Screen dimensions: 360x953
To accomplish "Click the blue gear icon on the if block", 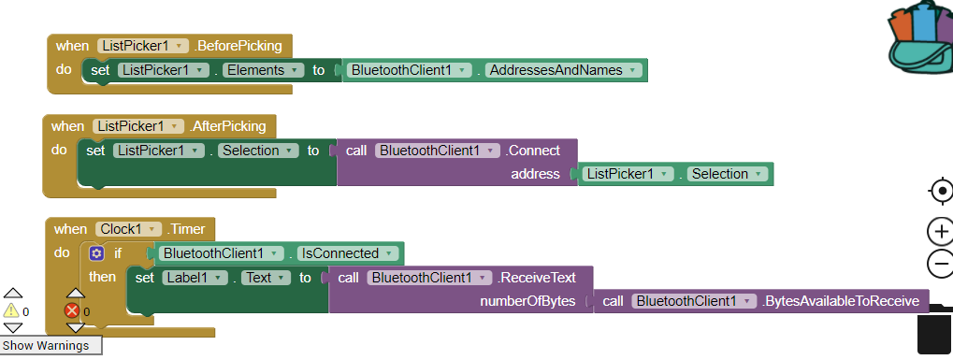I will pyautogui.click(x=96, y=253).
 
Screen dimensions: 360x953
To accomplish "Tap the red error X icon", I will pyautogui.click(x=72, y=311).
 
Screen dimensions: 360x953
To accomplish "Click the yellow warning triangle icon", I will pyautogui.click(x=11, y=310).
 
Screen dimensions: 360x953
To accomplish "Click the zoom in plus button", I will pyautogui.click(x=939, y=231).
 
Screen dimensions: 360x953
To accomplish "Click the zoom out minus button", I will pyautogui.click(x=939, y=264).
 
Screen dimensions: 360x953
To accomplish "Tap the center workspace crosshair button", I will pyautogui.click(x=940, y=192).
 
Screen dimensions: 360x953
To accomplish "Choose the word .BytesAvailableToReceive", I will pyautogui.click(x=843, y=301).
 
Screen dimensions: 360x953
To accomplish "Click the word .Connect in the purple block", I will pyautogui.click(x=533, y=151).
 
